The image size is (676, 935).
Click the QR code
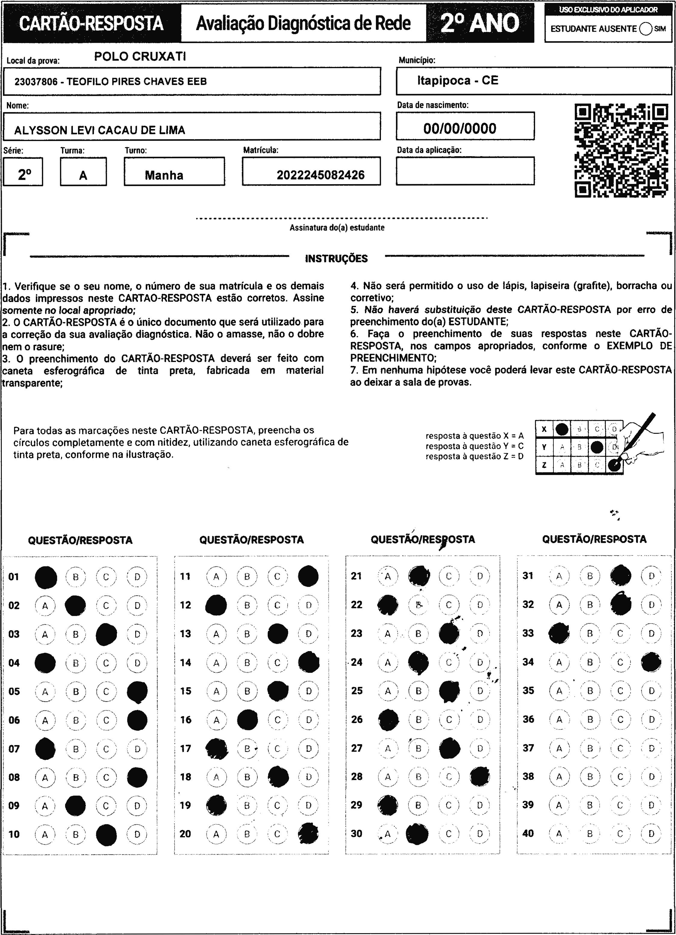(621, 151)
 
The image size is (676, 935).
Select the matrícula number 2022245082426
(320, 175)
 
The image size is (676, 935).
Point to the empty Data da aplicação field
(465, 171)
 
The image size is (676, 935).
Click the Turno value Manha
(164, 175)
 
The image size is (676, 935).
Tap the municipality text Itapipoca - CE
(458, 80)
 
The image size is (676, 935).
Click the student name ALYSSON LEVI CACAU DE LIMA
(100, 130)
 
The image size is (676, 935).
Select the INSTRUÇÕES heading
(336, 259)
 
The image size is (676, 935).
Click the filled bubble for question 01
(46, 577)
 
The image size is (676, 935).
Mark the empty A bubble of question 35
(559, 691)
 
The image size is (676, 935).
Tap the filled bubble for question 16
(248, 720)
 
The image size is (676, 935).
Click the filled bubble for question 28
(480, 777)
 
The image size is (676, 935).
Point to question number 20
(185, 834)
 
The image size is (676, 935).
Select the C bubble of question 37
(620, 748)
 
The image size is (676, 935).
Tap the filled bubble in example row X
(562, 429)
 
